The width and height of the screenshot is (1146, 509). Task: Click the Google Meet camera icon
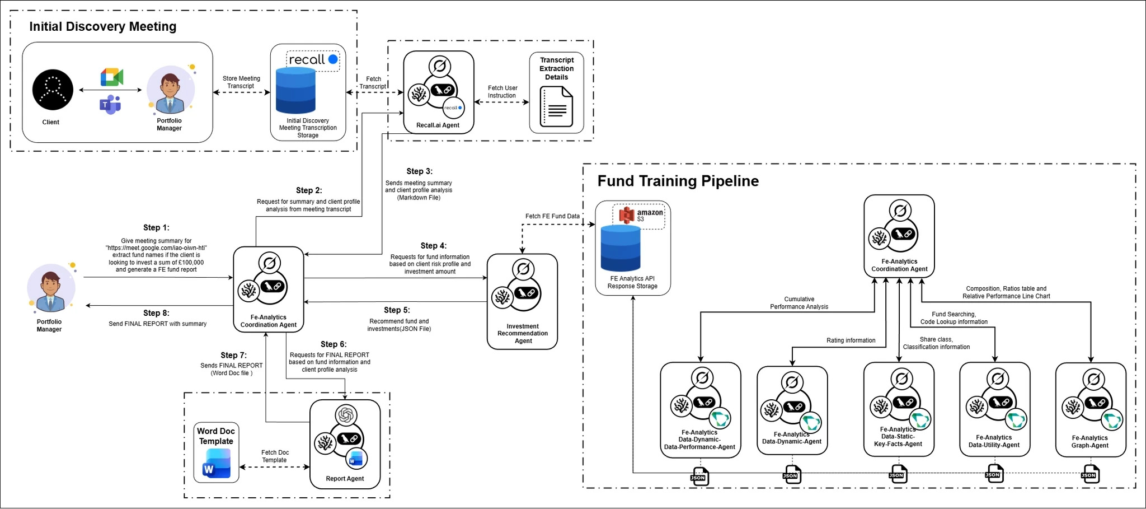(112, 77)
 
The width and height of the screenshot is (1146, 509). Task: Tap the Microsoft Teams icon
(110, 105)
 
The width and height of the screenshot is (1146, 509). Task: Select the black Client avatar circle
(53, 90)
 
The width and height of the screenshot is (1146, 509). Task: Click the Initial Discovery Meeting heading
(102, 26)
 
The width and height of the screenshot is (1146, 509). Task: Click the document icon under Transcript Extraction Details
(556, 106)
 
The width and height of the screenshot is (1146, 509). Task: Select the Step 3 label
(419, 171)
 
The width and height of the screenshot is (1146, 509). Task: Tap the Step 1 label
(156, 227)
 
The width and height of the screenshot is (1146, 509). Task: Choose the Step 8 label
(156, 313)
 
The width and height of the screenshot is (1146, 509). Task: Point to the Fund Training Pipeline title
(678, 181)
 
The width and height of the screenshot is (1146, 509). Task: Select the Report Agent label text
(345, 479)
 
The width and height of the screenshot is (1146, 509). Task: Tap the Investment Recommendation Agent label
(523, 333)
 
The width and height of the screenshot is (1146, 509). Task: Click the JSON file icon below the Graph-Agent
(1090, 474)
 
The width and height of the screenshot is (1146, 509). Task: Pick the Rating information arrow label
(851, 340)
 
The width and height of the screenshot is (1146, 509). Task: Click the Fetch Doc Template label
(275, 456)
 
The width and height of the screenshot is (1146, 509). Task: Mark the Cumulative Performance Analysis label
(799, 303)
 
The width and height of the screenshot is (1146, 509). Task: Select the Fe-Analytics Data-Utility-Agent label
(994, 441)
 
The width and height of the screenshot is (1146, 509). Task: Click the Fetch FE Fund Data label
(552, 216)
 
